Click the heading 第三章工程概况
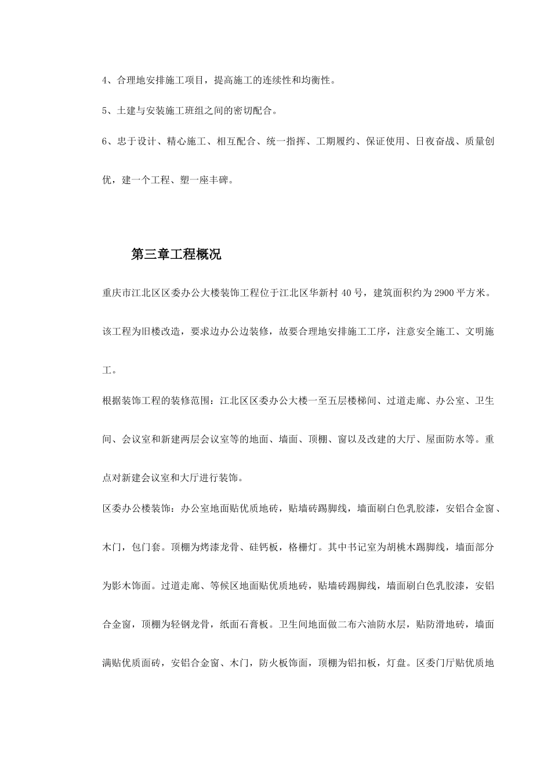pyautogui.click(x=176, y=254)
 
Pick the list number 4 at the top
pyautogui.click(x=105, y=81)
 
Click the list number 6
pyautogui.click(x=105, y=141)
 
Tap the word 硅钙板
pyautogui.click(x=264, y=547)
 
